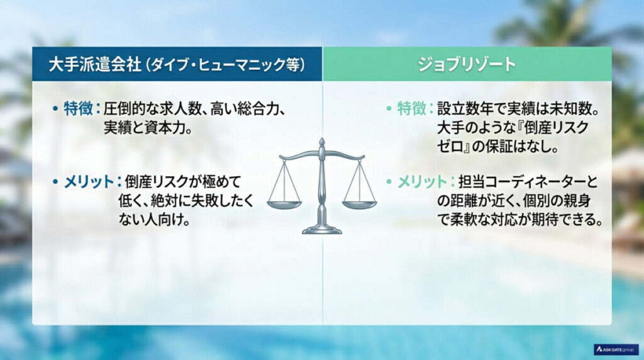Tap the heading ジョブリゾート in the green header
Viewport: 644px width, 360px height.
[466, 64]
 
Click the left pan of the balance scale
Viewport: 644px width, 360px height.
[284, 203]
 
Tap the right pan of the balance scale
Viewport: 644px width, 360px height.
[360, 203]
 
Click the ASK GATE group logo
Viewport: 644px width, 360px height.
[616, 349]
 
